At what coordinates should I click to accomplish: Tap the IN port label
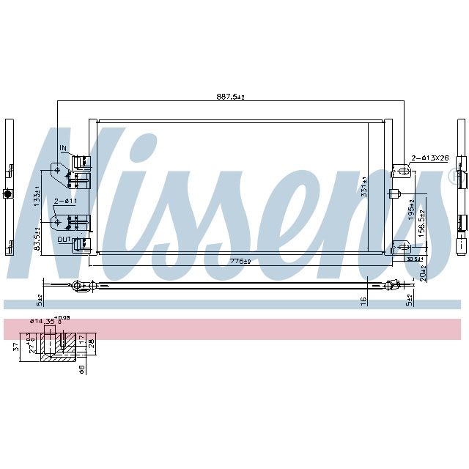tap(63, 149)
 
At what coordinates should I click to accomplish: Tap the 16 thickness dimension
tap(363, 300)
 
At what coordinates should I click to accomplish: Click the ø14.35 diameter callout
tap(41, 321)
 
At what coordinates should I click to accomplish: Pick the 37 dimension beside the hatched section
tap(16, 347)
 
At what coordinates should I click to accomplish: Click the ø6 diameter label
tap(82, 369)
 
